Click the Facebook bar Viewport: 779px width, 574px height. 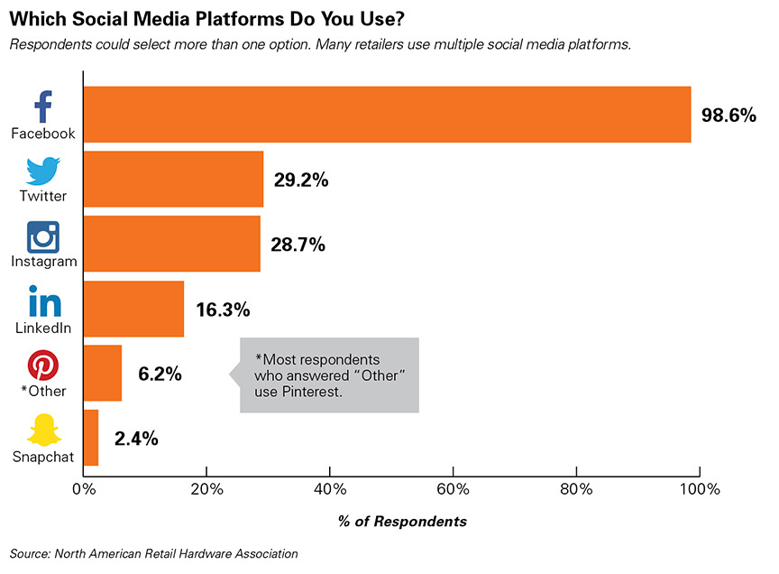click(x=387, y=115)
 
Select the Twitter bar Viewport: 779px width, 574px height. click(x=173, y=179)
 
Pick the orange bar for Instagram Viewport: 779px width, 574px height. click(x=171, y=244)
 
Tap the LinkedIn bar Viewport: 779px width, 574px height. click(x=133, y=309)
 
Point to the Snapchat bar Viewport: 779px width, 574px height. click(x=90, y=438)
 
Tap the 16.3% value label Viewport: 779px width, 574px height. click(x=222, y=310)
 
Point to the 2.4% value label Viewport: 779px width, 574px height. click(x=136, y=439)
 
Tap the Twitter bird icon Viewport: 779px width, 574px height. click(x=42, y=171)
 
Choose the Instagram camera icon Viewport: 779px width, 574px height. click(x=42, y=236)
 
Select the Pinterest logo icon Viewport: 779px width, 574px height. click(x=42, y=366)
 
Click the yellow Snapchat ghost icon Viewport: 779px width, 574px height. click(x=42, y=430)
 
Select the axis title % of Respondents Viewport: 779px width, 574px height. click(x=389, y=522)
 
